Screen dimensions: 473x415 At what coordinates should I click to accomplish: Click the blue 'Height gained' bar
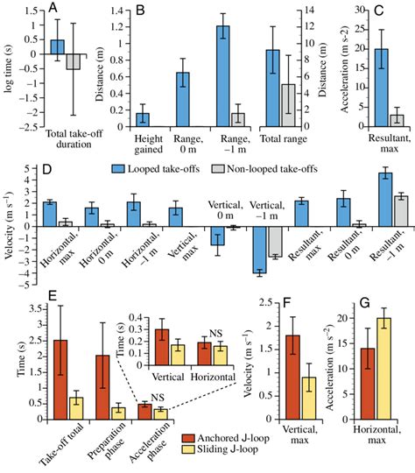point(142,120)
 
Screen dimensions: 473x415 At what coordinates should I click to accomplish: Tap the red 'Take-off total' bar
point(60,380)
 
